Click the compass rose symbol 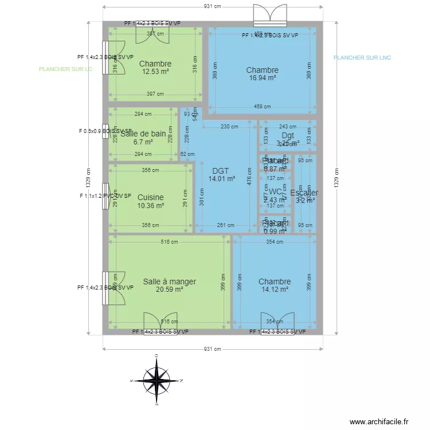click(x=156, y=380)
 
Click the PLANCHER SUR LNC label click(x=362, y=58)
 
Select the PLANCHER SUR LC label click(x=65, y=69)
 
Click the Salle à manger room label click(x=169, y=282)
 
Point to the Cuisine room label click(x=151, y=197)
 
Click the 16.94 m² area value click(x=262, y=78)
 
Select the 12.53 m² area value click(x=155, y=72)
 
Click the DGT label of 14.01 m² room click(x=220, y=171)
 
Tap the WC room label click(x=275, y=191)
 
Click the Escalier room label click(x=304, y=193)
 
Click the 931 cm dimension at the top click(x=212, y=6)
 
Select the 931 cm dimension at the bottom click(x=212, y=349)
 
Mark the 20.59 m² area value click(x=169, y=290)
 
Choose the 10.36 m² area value click(x=151, y=205)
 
